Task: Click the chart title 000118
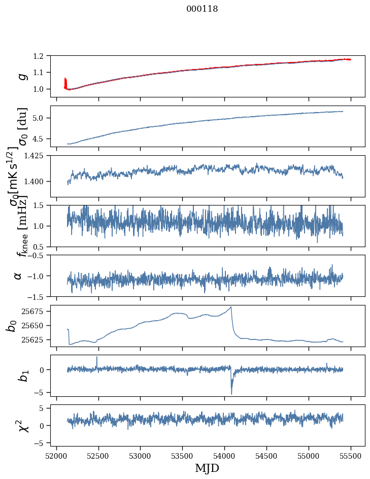click(x=202, y=9)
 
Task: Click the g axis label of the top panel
click(x=21, y=76)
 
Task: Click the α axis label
click(x=18, y=276)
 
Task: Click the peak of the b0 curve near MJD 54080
click(x=231, y=307)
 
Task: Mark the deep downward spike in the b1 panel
click(x=231, y=394)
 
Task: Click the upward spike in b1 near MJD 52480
click(x=97, y=357)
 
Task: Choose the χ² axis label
click(x=21, y=425)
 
